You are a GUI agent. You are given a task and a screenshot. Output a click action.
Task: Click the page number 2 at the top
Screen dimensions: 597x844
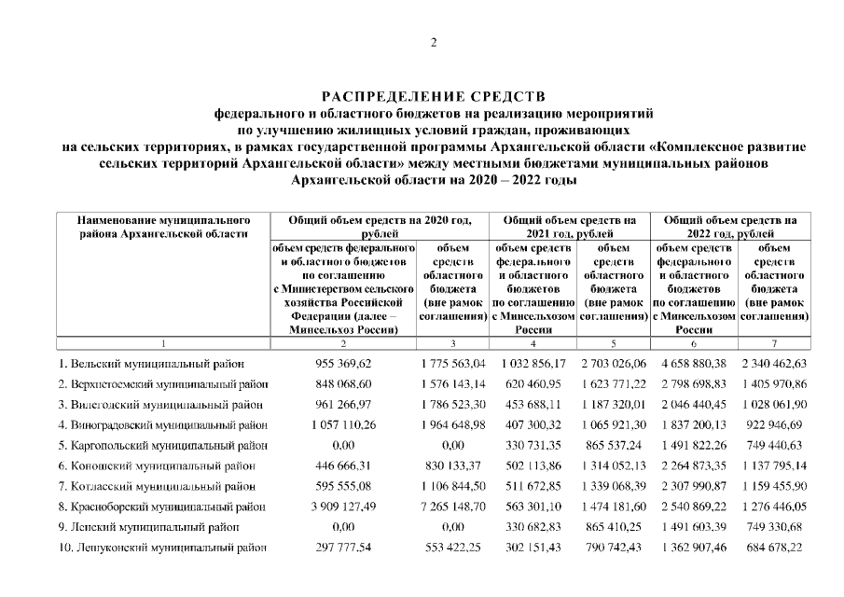(x=433, y=43)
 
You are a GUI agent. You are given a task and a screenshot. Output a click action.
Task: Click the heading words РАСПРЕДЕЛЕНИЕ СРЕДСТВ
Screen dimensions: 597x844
(x=433, y=96)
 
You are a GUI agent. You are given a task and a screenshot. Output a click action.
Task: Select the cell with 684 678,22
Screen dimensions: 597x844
(x=773, y=548)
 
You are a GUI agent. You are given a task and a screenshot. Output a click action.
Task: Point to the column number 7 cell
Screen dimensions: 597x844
(x=773, y=343)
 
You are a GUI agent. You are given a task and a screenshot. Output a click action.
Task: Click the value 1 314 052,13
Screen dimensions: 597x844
(x=613, y=465)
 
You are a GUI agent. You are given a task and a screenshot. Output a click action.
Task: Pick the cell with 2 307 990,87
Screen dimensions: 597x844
(x=693, y=486)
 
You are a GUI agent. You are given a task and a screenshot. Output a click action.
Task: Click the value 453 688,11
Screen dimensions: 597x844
(x=533, y=404)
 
